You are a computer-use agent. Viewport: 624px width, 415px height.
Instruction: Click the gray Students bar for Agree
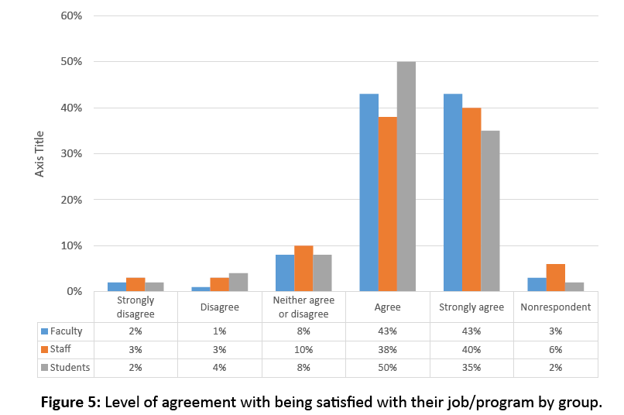click(x=406, y=177)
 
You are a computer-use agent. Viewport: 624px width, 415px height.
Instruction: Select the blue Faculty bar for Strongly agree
click(x=452, y=193)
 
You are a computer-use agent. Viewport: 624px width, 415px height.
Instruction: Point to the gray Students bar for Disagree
click(x=238, y=283)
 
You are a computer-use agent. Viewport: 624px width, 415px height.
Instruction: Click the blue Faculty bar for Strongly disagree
click(x=117, y=287)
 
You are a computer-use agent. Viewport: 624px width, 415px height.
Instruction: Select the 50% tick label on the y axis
click(x=71, y=62)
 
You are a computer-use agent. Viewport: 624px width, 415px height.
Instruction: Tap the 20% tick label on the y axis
click(x=71, y=200)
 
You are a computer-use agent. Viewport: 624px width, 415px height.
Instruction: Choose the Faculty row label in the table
click(x=67, y=331)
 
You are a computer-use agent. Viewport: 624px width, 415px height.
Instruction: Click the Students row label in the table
click(x=70, y=367)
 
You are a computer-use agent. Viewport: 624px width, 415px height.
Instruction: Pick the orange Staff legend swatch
click(x=45, y=349)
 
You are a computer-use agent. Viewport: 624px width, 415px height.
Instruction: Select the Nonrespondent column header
click(x=555, y=307)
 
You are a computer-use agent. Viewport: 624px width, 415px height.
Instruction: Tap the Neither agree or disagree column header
click(x=303, y=307)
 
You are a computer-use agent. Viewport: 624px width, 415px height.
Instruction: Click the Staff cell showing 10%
click(x=303, y=349)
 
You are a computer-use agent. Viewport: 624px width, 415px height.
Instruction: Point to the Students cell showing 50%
click(x=387, y=367)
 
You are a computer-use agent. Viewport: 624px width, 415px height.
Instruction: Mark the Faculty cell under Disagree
click(x=219, y=331)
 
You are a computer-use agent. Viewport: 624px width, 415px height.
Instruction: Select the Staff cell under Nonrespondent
click(x=555, y=349)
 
